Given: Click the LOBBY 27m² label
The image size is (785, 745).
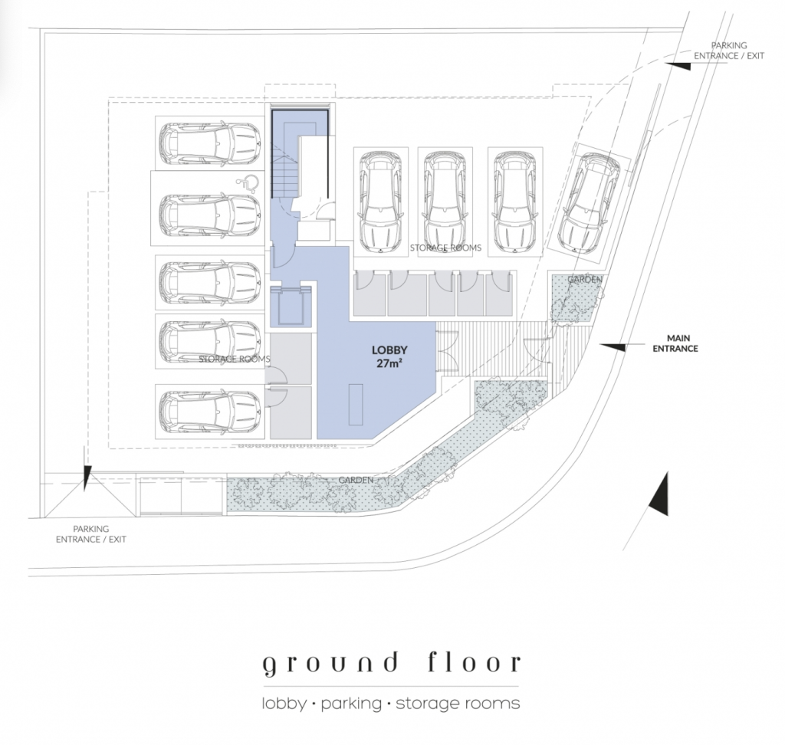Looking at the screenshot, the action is click(389, 357).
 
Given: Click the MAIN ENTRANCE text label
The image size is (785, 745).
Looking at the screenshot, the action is click(675, 343).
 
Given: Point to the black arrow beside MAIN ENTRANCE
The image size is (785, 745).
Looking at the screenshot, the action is click(613, 346).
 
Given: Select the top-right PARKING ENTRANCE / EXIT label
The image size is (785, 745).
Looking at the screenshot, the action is click(729, 51).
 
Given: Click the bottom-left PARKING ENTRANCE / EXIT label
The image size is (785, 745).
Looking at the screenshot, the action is click(91, 534).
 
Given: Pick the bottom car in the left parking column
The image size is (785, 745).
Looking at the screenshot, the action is click(210, 411).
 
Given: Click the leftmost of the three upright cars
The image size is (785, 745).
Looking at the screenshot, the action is click(380, 200).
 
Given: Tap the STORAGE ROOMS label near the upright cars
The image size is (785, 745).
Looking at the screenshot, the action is click(445, 248).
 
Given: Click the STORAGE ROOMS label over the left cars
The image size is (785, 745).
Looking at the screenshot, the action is click(235, 359).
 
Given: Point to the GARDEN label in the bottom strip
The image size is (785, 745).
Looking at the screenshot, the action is click(356, 480).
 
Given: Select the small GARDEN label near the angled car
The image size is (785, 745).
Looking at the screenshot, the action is click(585, 279).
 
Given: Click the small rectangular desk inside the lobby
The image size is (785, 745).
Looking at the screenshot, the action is click(356, 404).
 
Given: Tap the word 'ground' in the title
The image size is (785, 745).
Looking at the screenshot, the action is click(331, 663).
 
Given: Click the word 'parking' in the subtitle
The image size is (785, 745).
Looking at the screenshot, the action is click(351, 704).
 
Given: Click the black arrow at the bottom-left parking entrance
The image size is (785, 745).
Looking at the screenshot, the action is click(87, 478).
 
